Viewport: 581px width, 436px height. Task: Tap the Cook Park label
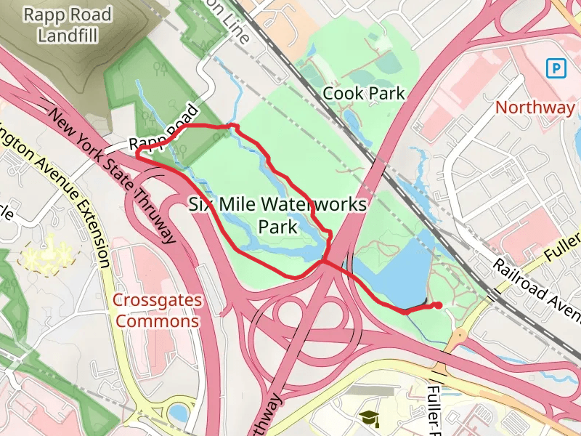tap(363, 93)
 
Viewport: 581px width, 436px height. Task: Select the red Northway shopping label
tap(535, 108)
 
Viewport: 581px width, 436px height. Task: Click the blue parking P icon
tap(556, 68)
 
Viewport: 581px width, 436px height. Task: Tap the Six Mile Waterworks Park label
tap(277, 215)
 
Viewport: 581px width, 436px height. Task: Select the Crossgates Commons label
tap(157, 310)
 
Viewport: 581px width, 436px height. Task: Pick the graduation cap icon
tap(370, 418)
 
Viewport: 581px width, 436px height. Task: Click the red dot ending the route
tap(438, 305)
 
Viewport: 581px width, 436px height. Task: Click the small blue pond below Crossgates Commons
tap(178, 413)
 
